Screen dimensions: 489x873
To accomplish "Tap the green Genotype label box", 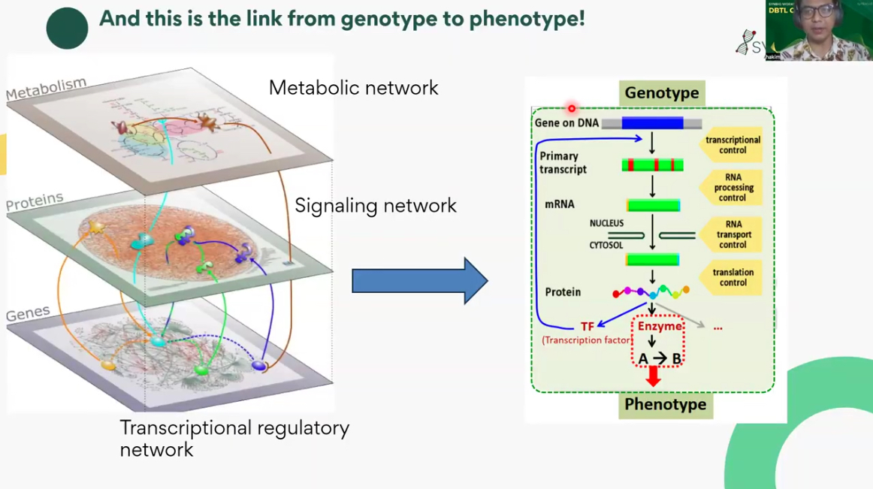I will point(662,93).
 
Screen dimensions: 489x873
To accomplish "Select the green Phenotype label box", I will point(665,404).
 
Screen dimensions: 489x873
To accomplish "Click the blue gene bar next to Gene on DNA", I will point(652,123).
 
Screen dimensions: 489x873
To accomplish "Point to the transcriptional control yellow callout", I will point(732,145).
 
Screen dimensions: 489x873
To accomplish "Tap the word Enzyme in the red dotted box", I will point(660,326).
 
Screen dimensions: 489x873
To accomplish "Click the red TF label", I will point(587,327).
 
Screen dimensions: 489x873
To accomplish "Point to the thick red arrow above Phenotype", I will point(654,376).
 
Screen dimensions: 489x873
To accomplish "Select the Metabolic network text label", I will point(353,88).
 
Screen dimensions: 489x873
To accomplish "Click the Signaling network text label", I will point(375,205).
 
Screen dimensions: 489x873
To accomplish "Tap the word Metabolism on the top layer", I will point(46,89).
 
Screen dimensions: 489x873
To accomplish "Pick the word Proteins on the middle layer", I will point(35,202).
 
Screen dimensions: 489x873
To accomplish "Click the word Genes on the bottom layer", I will point(28,313).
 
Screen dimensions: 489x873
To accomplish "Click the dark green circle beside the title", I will point(67,29).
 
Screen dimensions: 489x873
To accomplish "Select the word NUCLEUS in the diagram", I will point(606,224).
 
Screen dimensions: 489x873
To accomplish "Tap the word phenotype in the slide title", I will point(527,19).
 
